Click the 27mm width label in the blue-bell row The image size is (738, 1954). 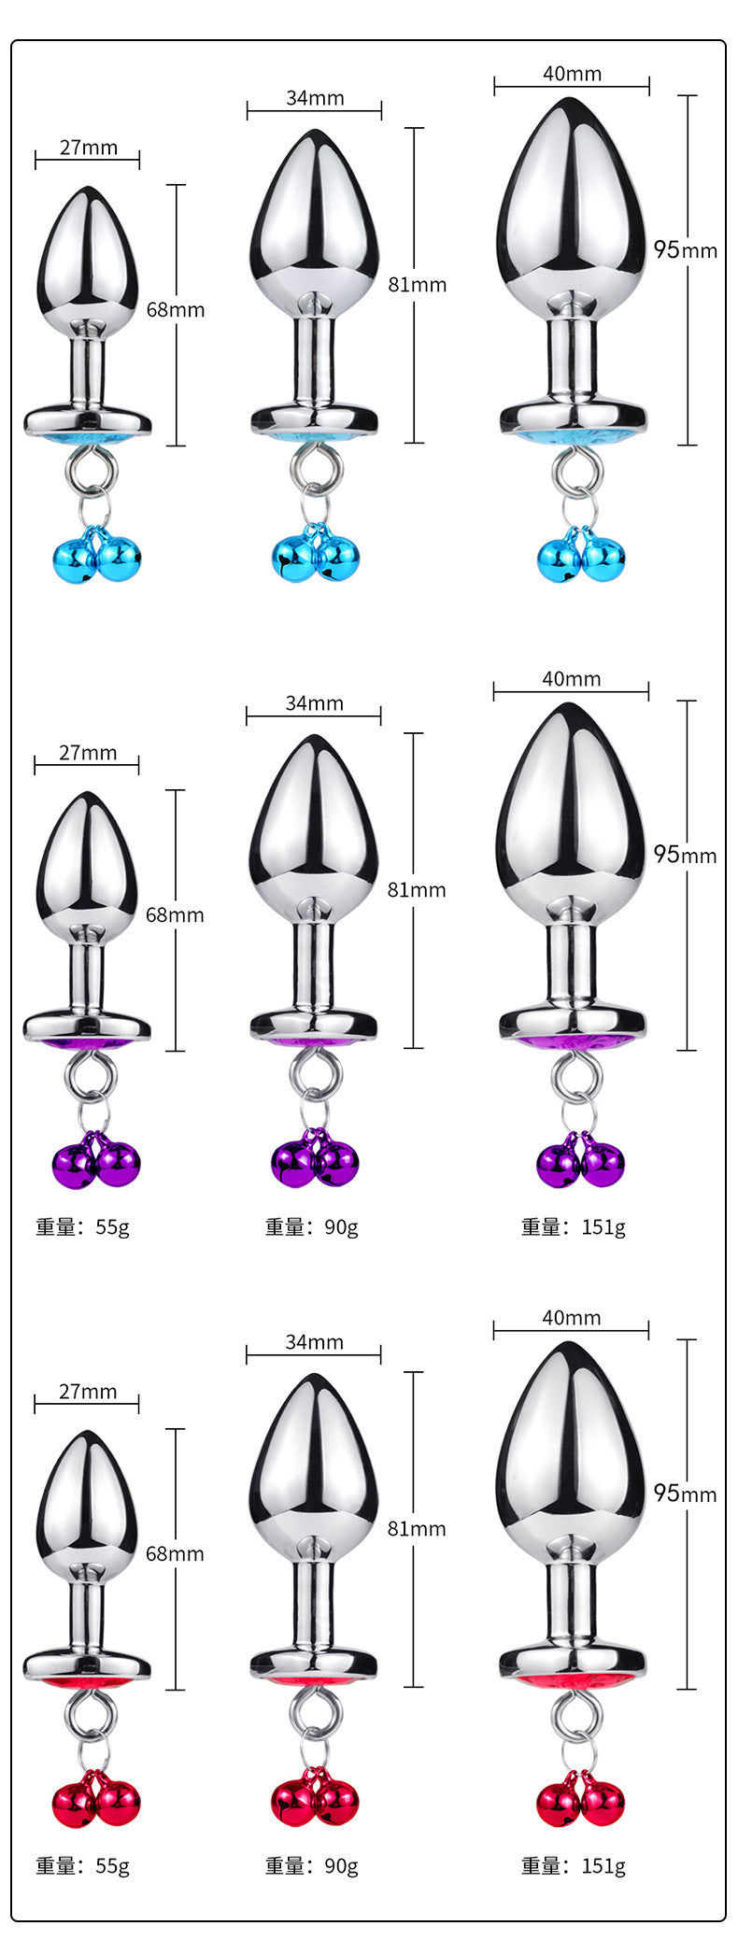88,148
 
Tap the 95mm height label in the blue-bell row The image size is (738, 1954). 685,249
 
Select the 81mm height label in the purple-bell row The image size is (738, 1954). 417,890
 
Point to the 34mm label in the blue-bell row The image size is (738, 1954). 315,98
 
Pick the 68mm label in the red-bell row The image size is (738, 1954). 175,1553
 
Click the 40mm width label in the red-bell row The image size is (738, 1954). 571,1318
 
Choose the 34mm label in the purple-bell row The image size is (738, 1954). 314,703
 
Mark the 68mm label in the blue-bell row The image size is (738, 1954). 176,309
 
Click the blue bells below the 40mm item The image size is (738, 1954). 581,558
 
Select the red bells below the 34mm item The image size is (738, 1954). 315,1801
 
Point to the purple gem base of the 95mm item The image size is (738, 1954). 572,1041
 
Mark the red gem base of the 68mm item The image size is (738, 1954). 88,1681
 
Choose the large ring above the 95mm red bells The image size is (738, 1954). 572,1711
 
